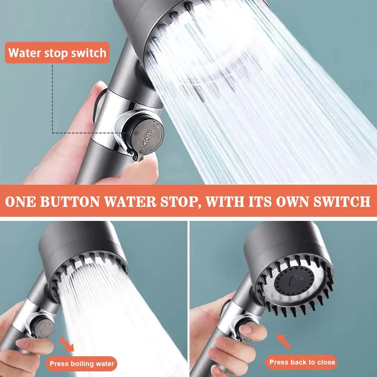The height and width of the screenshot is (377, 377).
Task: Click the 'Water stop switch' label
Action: [x=57, y=53]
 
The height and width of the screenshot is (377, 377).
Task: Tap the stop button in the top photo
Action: [x=144, y=135]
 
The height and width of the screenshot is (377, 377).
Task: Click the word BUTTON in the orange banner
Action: [x=70, y=201]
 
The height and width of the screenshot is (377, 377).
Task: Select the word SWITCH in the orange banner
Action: [x=342, y=201]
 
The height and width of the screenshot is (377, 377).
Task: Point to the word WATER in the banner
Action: [x=130, y=201]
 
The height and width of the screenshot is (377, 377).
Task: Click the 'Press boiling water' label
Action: [x=82, y=363]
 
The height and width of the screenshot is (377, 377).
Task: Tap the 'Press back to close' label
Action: [x=302, y=362]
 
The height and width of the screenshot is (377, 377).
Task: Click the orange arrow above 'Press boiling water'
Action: [x=66, y=344]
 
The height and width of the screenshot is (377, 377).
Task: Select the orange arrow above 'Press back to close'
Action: [x=284, y=342]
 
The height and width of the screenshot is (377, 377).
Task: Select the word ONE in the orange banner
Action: [x=20, y=201]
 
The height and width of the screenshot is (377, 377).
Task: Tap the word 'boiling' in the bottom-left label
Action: [x=82, y=364]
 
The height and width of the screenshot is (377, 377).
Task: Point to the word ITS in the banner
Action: [x=260, y=201]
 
